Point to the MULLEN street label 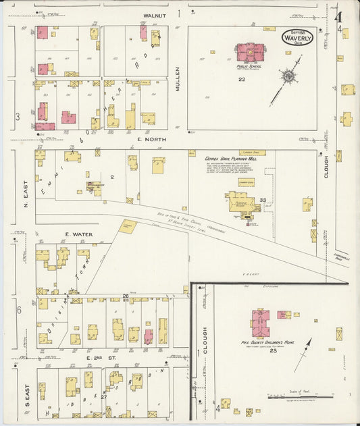[179, 78]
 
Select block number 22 [241, 79]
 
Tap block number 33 [263, 200]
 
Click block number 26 [126, 296]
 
